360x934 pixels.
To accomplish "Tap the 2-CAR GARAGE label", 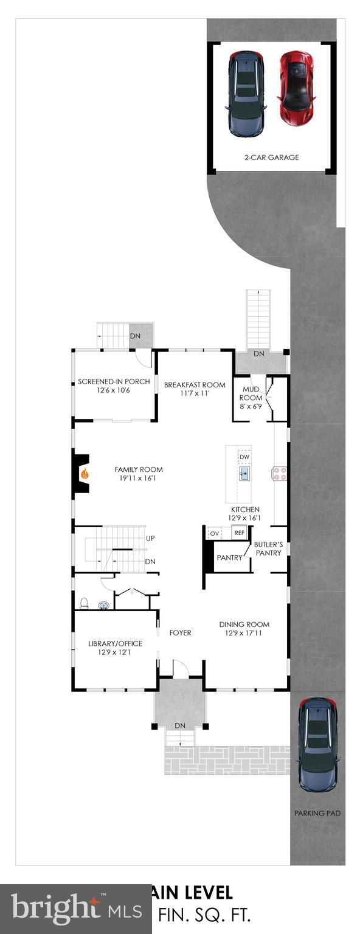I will (272, 157).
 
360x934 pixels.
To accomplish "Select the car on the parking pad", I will (317, 744).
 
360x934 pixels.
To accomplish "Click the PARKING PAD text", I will (317, 813).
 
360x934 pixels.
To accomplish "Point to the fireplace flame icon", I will (85, 472).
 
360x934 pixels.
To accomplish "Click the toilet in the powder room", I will (85, 603).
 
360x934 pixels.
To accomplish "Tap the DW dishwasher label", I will (244, 457).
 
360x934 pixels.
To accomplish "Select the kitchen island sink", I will (244, 474).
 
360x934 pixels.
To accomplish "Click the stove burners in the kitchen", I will (280, 473).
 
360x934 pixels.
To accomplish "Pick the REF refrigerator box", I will (239, 533).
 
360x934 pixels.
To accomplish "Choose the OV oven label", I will (214, 533).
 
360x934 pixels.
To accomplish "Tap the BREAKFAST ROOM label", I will (195, 385).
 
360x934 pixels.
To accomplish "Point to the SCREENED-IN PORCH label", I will (114, 382).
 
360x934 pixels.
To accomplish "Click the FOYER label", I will (180, 633).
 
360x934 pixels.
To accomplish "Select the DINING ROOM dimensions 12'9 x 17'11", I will (244, 633).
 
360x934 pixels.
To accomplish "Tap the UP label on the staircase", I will (150, 538).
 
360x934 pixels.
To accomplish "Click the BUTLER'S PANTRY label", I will (268, 548).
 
